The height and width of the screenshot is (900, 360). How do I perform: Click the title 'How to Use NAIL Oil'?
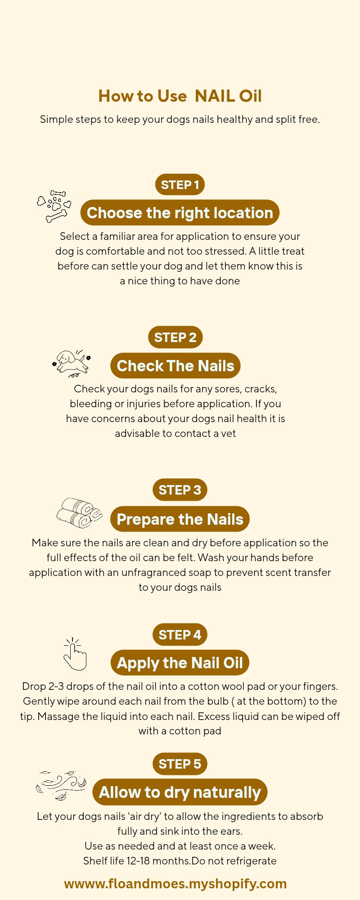pos(180,96)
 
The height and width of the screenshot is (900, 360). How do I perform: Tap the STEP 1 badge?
pos(180,184)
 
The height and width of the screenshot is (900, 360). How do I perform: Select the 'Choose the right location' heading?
pos(180,213)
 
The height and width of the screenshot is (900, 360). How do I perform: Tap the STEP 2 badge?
pos(175,337)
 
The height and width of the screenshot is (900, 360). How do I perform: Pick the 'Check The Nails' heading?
pos(175,365)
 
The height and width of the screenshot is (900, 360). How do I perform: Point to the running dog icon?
pos(72,363)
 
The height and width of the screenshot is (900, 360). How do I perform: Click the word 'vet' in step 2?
pos(229,433)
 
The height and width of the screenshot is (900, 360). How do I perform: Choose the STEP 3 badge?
pos(180,490)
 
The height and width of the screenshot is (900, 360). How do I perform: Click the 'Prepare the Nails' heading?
pos(180,519)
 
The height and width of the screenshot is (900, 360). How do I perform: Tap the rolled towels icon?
pos(79,513)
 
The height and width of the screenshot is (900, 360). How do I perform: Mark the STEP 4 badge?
pos(180,634)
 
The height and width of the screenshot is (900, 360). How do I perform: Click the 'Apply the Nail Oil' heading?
pos(180,663)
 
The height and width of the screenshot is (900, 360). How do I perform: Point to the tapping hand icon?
pos(74,654)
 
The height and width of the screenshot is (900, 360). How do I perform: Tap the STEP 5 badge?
pos(180,764)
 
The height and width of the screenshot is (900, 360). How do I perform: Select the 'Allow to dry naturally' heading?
pos(180,792)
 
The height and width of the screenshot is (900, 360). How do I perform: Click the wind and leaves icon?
pos(61,785)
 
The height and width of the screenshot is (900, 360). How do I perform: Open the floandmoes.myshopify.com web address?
pos(175,883)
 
